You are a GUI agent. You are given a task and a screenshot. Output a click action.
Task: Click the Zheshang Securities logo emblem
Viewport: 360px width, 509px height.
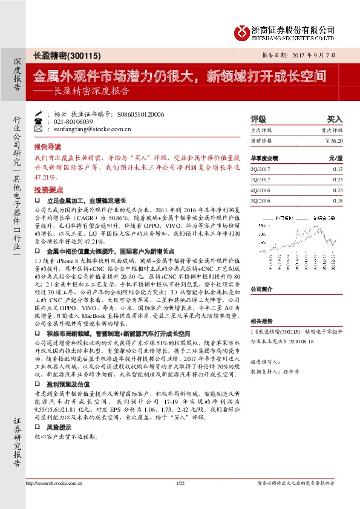coord(241,30)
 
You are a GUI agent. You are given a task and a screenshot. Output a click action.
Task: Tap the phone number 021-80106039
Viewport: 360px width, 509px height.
coord(71,121)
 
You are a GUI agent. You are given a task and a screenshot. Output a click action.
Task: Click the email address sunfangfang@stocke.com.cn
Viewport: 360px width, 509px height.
coord(89,129)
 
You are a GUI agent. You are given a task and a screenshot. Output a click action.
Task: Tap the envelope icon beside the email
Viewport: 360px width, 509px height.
coord(39,129)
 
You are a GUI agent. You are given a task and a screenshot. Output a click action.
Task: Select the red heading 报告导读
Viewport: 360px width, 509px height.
coord(47,147)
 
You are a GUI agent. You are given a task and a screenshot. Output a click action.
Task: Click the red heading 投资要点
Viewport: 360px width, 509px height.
coord(47,190)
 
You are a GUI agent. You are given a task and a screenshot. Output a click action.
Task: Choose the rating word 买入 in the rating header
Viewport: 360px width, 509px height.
coord(335,119)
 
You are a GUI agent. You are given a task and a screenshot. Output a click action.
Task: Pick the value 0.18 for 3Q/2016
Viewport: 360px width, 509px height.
coord(337,200)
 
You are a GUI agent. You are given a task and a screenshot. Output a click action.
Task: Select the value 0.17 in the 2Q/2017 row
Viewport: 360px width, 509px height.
coord(337,169)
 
